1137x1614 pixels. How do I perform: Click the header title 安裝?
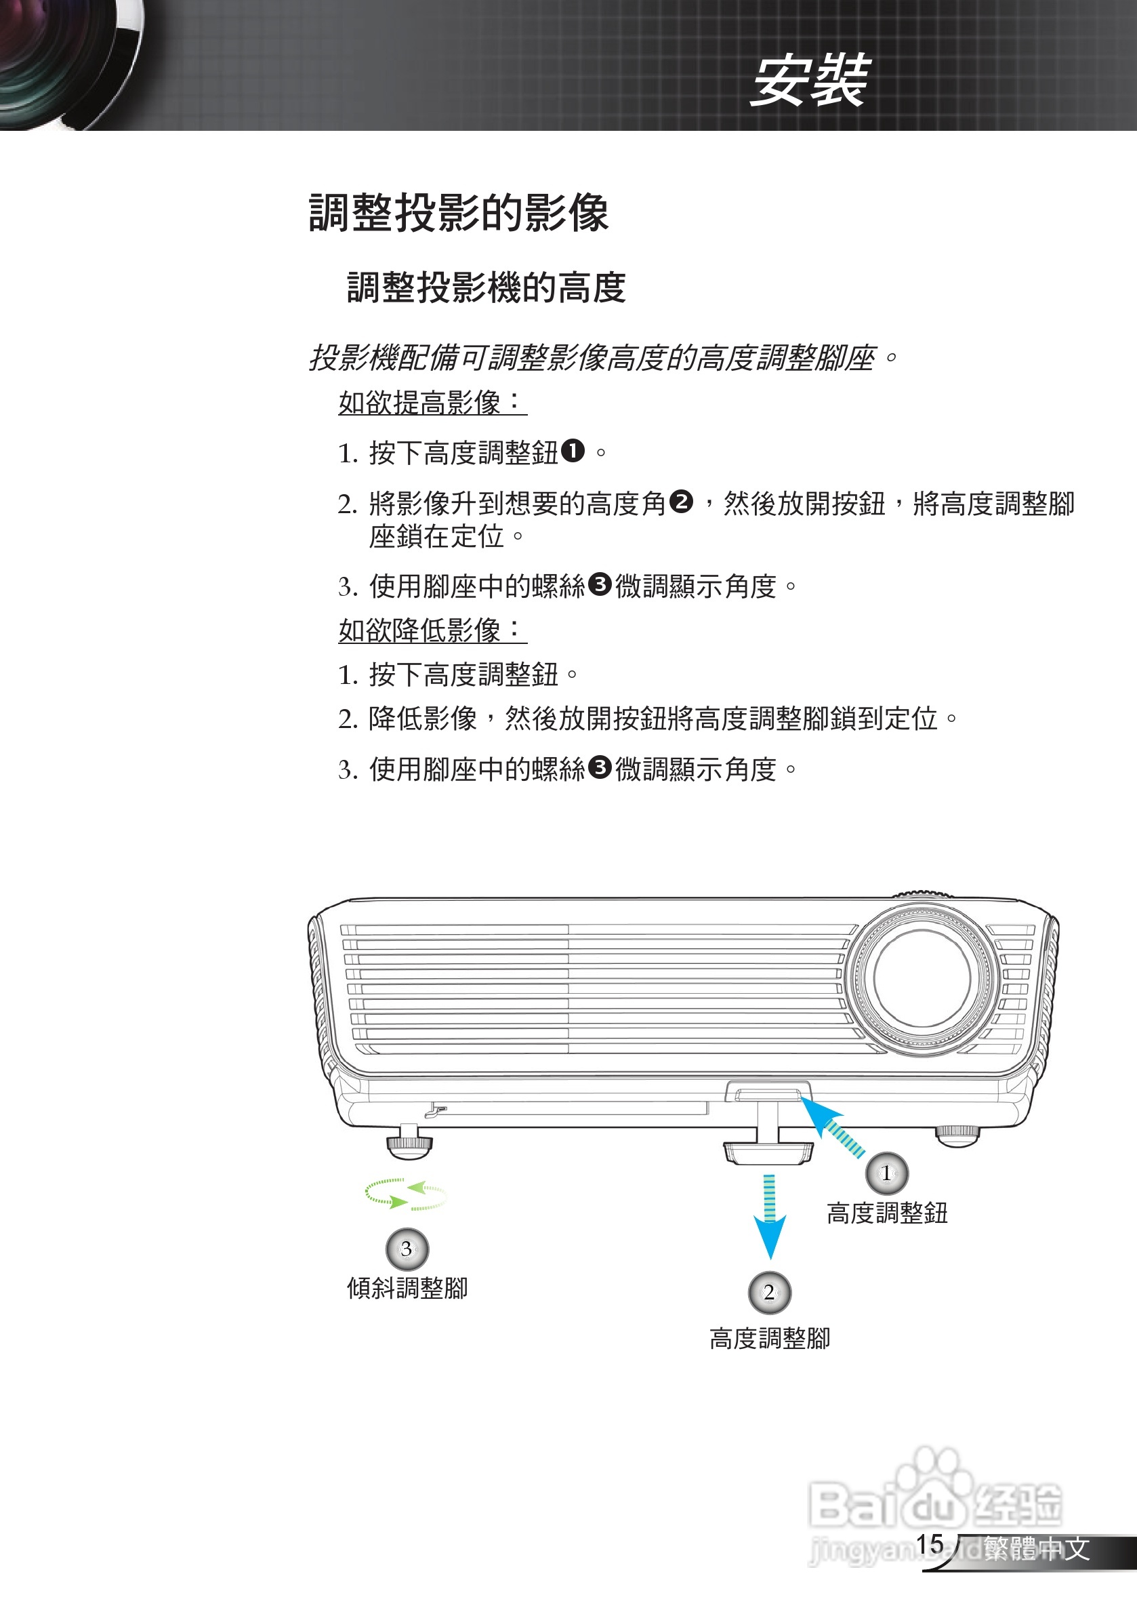[810, 81]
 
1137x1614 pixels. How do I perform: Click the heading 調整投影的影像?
[458, 212]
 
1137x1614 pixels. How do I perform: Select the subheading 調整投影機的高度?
[487, 287]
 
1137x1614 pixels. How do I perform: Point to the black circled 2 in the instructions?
[681, 502]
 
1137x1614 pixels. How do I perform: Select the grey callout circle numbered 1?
[887, 1173]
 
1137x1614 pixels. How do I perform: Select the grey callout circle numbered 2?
[770, 1292]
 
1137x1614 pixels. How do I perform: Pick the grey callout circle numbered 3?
[407, 1249]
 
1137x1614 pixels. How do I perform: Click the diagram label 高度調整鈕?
[887, 1213]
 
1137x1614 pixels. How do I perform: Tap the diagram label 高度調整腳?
[770, 1338]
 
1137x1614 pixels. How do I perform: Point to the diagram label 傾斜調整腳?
[407, 1289]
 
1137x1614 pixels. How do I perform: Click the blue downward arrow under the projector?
[770, 1216]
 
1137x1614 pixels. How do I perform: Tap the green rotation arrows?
[405, 1194]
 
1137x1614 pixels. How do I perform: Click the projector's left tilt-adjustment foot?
[409, 1143]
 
